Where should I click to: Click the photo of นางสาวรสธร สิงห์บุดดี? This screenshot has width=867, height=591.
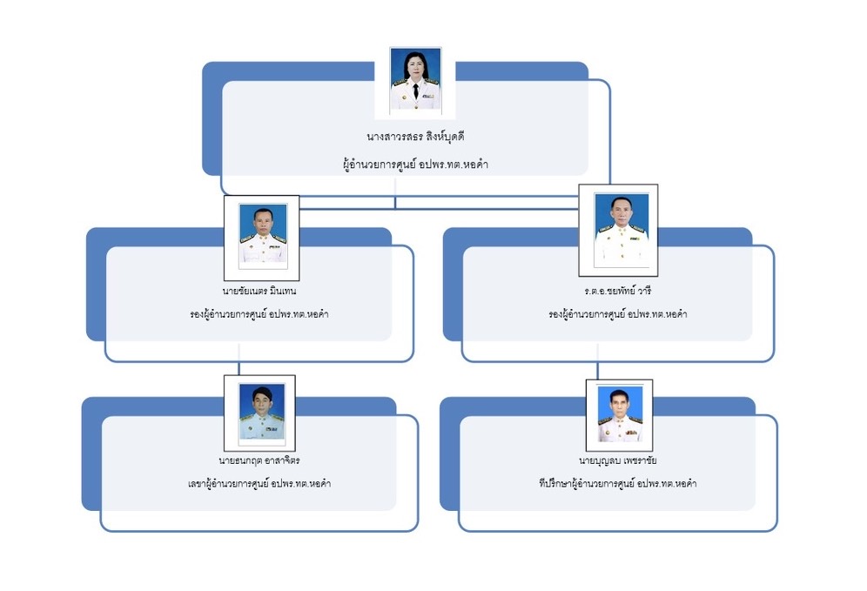click(414, 81)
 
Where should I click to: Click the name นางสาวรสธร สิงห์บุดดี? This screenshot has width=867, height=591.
click(415, 137)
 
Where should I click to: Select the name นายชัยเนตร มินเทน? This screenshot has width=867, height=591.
click(259, 290)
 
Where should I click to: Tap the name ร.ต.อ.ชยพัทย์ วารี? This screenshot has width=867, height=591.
click(617, 290)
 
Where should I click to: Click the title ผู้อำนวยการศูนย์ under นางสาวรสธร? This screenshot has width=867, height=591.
click(415, 163)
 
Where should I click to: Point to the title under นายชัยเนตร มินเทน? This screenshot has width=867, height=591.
click(259, 313)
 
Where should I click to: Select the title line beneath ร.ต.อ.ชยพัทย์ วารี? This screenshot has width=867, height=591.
click(617, 314)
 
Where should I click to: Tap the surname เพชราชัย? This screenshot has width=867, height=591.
click(638, 459)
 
